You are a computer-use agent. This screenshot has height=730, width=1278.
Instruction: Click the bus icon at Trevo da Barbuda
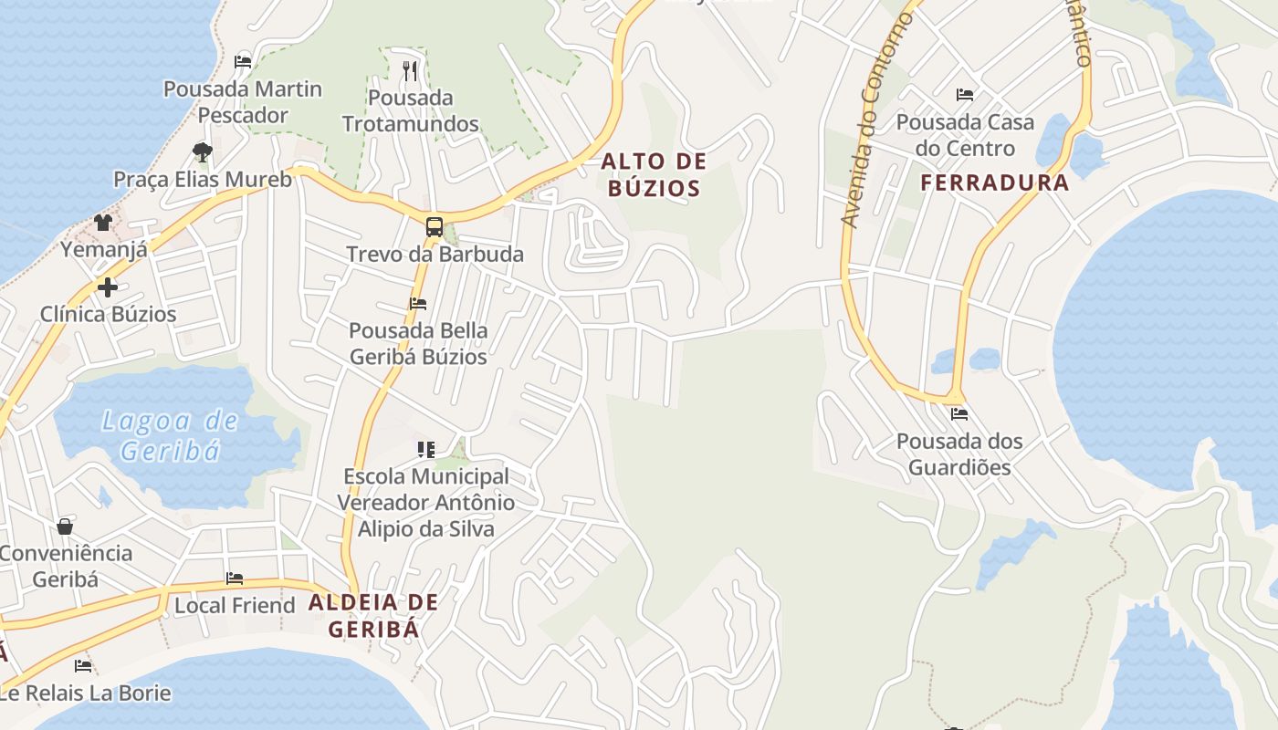click(435, 227)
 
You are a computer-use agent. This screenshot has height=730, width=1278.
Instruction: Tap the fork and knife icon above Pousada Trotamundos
click(410, 70)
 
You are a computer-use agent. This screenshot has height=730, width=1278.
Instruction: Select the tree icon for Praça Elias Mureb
click(203, 151)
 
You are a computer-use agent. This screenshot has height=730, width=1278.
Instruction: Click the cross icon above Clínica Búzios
click(108, 287)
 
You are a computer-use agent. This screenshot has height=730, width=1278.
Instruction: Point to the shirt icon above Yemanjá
click(103, 223)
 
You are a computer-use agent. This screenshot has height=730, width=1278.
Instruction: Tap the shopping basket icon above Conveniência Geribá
click(65, 527)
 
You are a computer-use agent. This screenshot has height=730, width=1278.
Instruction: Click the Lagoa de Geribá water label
click(170, 435)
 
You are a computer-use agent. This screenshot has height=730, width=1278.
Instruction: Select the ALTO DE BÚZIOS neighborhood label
click(654, 175)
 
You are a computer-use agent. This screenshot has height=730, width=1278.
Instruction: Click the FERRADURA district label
click(994, 182)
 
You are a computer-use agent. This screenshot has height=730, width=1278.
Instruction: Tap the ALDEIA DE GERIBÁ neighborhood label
click(373, 615)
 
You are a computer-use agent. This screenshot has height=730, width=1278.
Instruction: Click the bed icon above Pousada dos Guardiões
click(958, 414)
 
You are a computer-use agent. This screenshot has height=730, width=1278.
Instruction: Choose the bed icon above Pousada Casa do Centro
click(965, 95)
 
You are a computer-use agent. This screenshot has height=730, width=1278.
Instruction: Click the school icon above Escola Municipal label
click(426, 449)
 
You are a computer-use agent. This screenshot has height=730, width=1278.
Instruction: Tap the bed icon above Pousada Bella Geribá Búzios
click(418, 304)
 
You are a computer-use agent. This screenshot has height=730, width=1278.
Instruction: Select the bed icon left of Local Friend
click(235, 579)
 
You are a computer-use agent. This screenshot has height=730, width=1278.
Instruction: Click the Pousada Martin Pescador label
click(243, 102)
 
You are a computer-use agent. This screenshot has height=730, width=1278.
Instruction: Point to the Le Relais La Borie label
click(86, 693)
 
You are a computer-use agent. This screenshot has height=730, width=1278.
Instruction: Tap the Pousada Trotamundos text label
click(410, 110)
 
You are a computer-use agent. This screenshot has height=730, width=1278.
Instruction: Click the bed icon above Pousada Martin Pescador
click(243, 62)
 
